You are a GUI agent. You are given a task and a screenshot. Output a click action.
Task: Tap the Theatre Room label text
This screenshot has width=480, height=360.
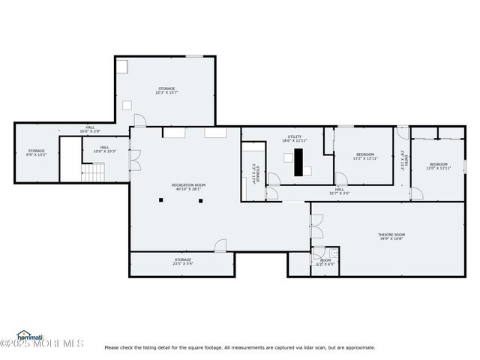(x=391, y=237)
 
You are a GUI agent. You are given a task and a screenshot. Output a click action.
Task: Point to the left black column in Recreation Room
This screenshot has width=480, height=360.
(x=160, y=199)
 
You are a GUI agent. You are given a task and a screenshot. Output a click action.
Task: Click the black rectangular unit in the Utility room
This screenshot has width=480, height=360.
(x=299, y=160)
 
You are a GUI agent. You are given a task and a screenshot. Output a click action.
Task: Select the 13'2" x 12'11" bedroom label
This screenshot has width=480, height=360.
(x=366, y=157)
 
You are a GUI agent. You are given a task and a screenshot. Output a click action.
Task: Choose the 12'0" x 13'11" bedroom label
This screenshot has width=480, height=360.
(x=439, y=166)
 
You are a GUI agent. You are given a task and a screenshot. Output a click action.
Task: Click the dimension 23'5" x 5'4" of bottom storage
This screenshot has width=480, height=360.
(x=183, y=264)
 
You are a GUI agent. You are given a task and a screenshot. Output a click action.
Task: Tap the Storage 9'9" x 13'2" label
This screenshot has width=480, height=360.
(x=36, y=153)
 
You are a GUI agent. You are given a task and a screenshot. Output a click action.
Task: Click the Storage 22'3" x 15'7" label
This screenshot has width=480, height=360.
(x=166, y=91)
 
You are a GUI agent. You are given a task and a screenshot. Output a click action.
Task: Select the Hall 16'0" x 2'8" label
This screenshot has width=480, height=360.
(x=90, y=129)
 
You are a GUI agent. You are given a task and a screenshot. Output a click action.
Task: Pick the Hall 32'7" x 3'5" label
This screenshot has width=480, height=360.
(x=339, y=191)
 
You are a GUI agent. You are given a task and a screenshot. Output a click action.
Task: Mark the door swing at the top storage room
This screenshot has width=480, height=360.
(x=139, y=120)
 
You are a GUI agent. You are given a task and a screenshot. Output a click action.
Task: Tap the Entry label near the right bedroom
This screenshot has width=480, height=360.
(x=403, y=161)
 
